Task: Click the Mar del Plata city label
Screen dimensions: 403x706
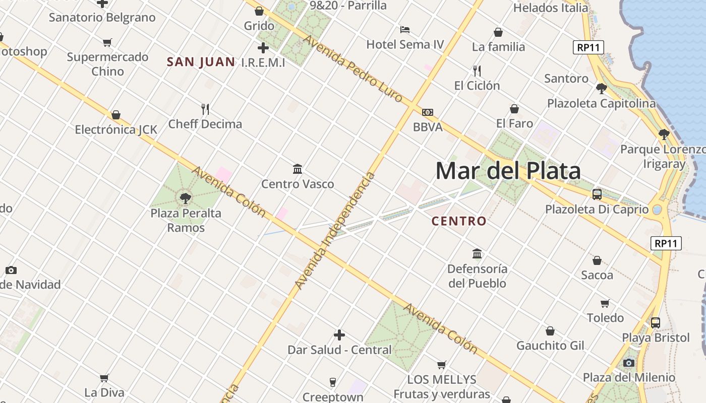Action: pos(508,171)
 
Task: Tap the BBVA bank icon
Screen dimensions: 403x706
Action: pos(428,112)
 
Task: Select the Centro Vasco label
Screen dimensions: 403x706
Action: pos(298,184)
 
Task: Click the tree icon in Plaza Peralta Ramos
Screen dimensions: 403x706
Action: pos(186,198)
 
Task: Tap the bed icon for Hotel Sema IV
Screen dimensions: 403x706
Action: pos(404,30)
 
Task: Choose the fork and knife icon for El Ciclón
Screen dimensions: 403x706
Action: pos(477,71)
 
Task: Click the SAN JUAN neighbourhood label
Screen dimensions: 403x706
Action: pos(201,62)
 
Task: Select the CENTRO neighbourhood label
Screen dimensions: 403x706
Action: pos(459,221)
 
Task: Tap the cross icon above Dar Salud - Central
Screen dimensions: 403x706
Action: pos(339,335)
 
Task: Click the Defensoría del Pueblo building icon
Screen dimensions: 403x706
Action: pos(477,253)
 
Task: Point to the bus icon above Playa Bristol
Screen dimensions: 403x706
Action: pos(656,323)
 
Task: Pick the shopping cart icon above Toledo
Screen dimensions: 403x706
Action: pos(605,303)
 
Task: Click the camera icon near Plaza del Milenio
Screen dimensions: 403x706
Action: pos(628,363)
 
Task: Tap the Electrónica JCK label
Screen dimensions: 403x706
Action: pos(116,130)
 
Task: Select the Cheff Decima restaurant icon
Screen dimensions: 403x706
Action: pos(205,109)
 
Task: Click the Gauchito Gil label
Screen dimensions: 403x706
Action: pos(550,346)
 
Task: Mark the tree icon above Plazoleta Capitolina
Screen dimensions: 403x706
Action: pos(601,89)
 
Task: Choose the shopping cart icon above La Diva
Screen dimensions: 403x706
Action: pos(104,378)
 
